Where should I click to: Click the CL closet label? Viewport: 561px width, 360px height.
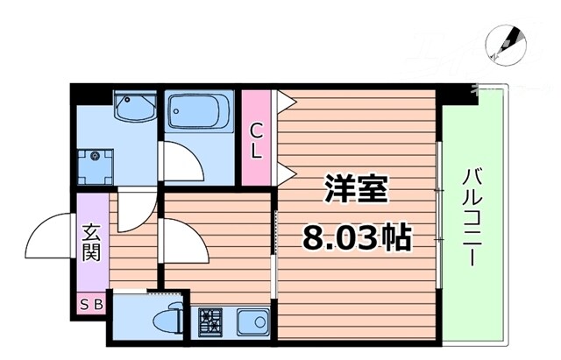tap(256, 141)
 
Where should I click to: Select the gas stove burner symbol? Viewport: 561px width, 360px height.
tap(210, 321)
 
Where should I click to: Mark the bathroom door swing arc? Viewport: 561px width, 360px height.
tap(181, 162)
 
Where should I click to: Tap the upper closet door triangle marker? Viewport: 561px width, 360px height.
tap(283, 101)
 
